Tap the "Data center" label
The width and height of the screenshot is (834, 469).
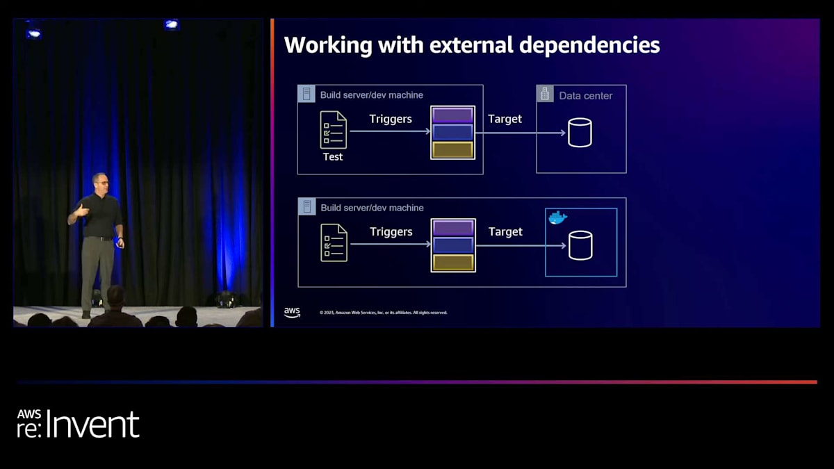pos(585,96)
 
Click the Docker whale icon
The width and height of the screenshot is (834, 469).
pos(557,218)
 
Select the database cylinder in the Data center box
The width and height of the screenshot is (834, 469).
pos(580,133)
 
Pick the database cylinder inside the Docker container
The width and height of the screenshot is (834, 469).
pos(580,245)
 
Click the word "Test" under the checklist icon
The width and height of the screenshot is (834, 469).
pos(333,157)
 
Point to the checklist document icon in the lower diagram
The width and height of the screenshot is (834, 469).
pos(334,242)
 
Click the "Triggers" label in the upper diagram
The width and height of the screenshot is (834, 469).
pos(391,119)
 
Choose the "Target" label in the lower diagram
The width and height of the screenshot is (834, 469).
pos(505,231)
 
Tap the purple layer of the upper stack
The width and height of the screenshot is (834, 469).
pos(452,115)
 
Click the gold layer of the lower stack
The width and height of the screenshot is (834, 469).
pos(453,263)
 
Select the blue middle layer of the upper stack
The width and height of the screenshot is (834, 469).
pos(452,132)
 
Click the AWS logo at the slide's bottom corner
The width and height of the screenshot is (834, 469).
pos(292,313)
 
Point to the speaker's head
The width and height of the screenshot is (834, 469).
pos(99,183)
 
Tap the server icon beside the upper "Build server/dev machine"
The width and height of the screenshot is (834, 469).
pos(306,94)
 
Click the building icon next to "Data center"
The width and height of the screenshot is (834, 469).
pos(545,94)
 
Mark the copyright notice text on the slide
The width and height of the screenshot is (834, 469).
pos(383,313)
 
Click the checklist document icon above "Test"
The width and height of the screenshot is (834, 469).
pos(333,130)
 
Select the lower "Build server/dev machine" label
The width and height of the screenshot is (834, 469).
pos(372,208)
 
